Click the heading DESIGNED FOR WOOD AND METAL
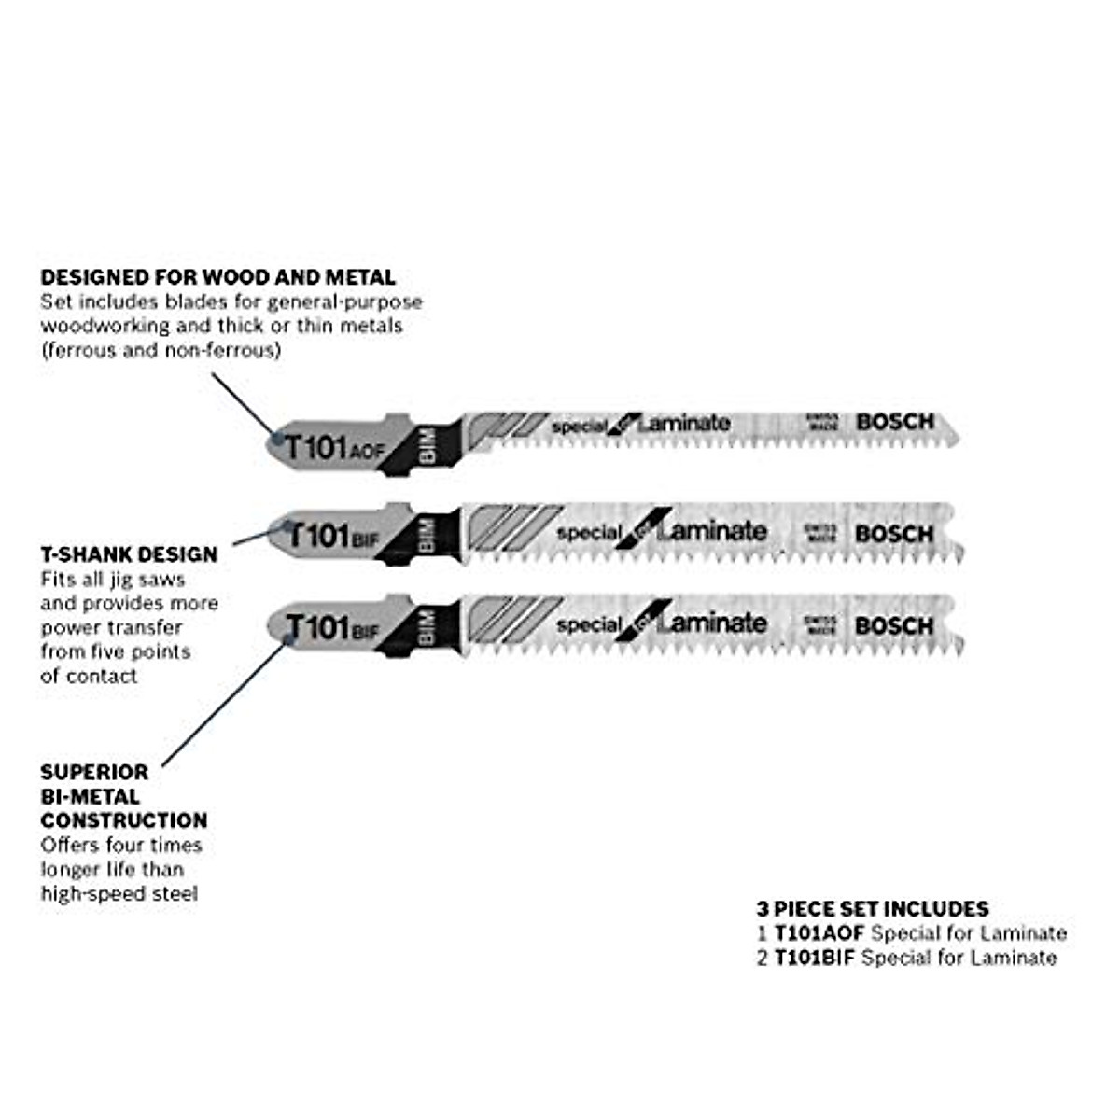[x=217, y=277]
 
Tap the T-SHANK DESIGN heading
[x=129, y=554]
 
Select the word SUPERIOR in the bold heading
[x=94, y=773]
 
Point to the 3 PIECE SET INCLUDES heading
[x=872, y=909]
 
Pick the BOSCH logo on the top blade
[x=894, y=422]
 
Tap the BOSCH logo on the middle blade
[x=893, y=534]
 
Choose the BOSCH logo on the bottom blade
[x=893, y=625]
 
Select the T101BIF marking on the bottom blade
[x=331, y=627]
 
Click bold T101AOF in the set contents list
[x=819, y=933]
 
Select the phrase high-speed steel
[x=119, y=894]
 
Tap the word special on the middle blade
[x=588, y=533]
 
